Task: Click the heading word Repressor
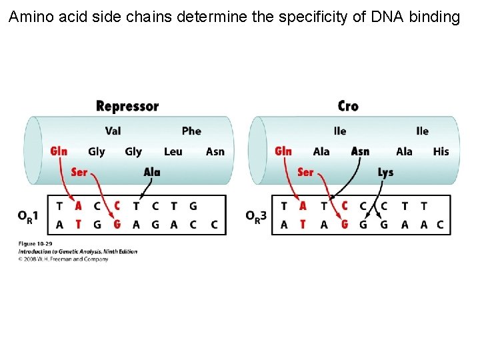(x=127, y=106)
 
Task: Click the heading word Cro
(x=348, y=106)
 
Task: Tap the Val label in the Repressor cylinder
(x=113, y=131)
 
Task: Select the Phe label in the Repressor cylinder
(x=191, y=131)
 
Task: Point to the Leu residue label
(x=173, y=151)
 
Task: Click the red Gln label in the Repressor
(x=59, y=151)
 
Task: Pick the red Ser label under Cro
(x=305, y=172)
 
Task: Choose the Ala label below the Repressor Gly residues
(x=152, y=172)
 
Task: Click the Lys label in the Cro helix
(x=385, y=172)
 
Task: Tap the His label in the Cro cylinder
(x=441, y=151)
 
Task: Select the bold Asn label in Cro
(x=360, y=151)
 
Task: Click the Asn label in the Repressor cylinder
(x=215, y=151)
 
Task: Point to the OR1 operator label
(x=28, y=216)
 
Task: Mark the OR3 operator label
(x=256, y=216)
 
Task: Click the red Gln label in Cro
(x=283, y=151)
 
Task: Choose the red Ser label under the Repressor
(x=79, y=172)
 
